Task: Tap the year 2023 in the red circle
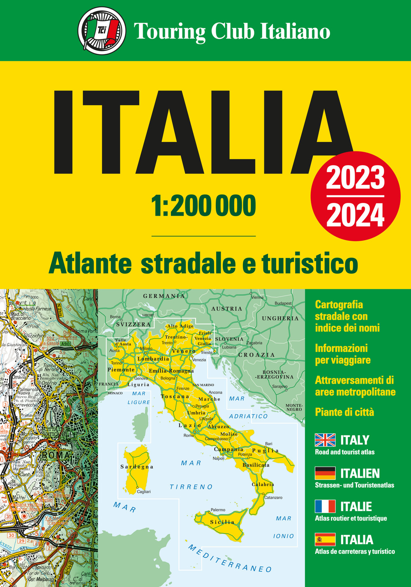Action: pyautogui.click(x=356, y=178)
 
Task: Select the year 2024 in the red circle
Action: pyautogui.click(x=356, y=215)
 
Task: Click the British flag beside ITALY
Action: pyautogui.click(x=325, y=440)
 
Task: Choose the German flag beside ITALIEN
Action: pyautogui.click(x=325, y=473)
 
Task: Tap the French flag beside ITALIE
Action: pyautogui.click(x=325, y=506)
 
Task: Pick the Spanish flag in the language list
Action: pyautogui.click(x=325, y=539)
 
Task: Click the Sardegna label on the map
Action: pyautogui.click(x=137, y=467)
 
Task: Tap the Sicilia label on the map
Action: pyautogui.click(x=222, y=522)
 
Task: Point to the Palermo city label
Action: pyautogui.click(x=218, y=510)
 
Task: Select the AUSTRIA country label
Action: pyautogui.click(x=226, y=308)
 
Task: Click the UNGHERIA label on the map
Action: pyautogui.click(x=280, y=318)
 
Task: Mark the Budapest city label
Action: pyautogui.click(x=283, y=303)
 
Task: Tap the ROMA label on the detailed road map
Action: pyautogui.click(x=56, y=455)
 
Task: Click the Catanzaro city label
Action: pyautogui.click(x=273, y=497)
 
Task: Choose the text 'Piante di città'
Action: pyautogui.click(x=344, y=412)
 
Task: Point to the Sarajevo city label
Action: pyautogui.click(x=280, y=387)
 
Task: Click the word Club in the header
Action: pyautogui.click(x=232, y=31)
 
